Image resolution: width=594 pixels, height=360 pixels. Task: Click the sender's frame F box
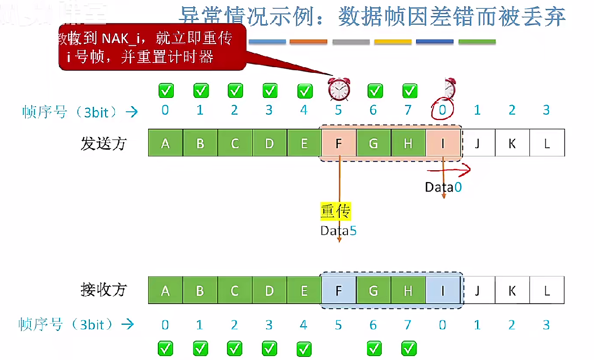tap(338, 143)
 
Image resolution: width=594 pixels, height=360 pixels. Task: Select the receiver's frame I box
tap(443, 291)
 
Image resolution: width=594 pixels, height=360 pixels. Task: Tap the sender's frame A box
tap(165, 143)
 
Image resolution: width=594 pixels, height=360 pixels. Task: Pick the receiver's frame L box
tap(547, 291)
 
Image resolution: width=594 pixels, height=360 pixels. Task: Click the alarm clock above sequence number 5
tap(339, 89)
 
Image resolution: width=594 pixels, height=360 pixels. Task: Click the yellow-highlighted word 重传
tap(336, 211)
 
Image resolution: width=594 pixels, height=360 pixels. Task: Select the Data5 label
tap(338, 230)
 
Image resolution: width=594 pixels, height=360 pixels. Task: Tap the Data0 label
tap(443, 187)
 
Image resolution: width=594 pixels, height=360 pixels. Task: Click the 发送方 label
tap(103, 143)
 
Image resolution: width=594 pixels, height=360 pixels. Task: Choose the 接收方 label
tap(103, 290)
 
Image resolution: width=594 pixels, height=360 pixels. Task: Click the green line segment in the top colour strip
tap(477, 42)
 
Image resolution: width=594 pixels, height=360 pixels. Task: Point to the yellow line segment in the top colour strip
tap(393, 42)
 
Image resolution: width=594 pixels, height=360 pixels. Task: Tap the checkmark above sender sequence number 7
tap(409, 91)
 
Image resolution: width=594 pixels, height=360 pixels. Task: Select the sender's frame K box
tap(512, 143)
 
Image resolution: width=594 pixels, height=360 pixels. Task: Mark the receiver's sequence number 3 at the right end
tap(546, 324)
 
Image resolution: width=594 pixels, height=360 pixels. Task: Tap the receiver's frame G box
tap(373, 291)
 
